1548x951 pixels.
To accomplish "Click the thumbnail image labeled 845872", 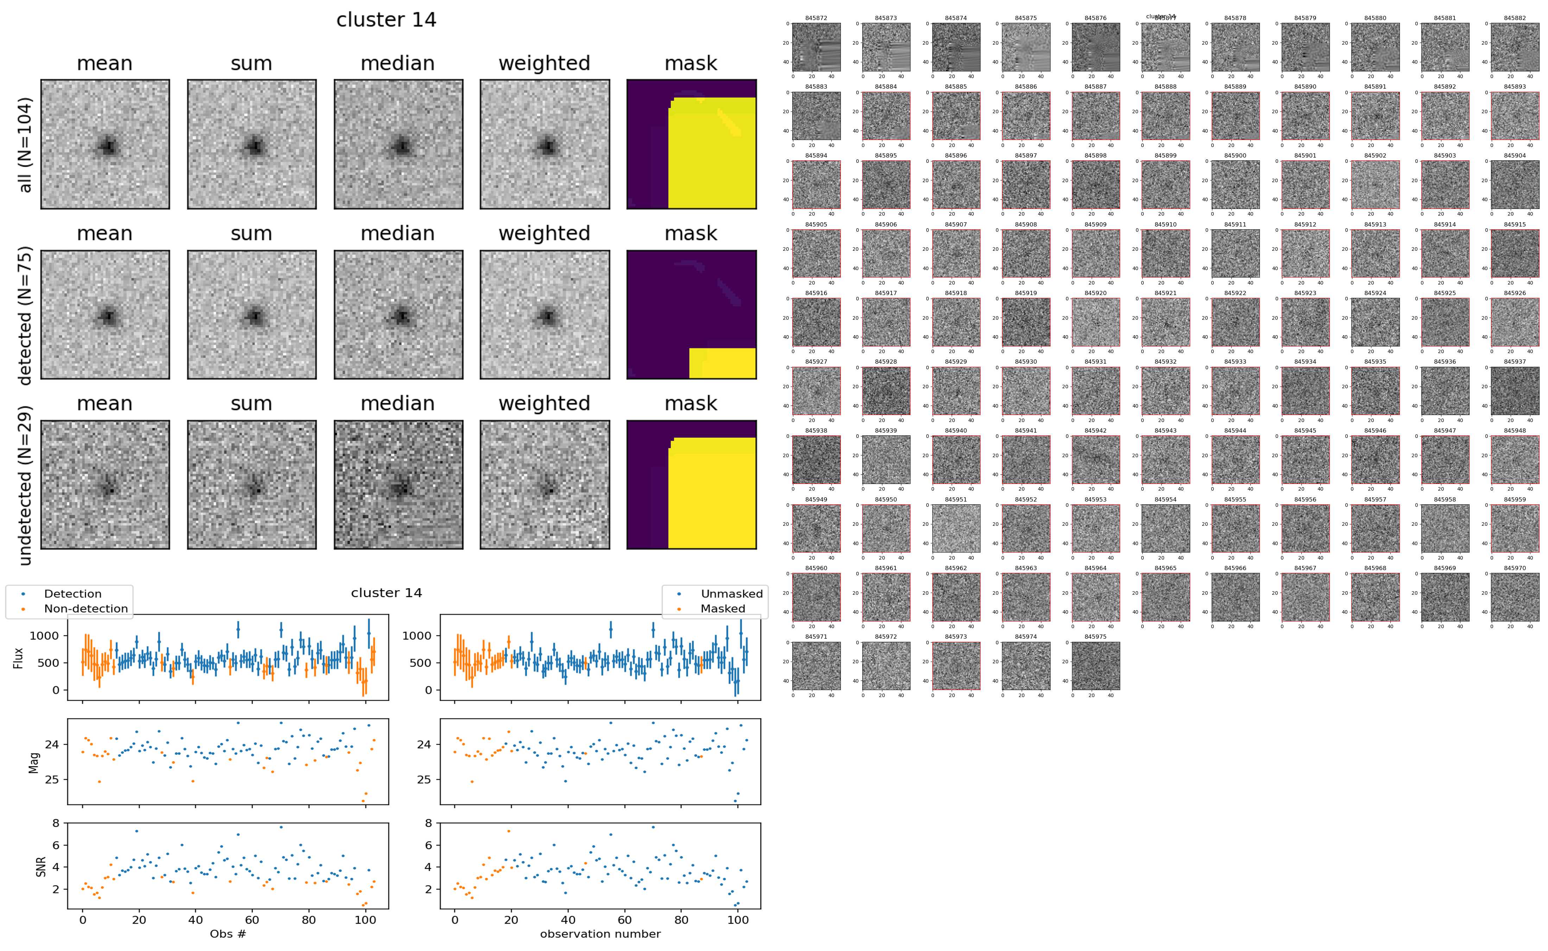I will tap(816, 47).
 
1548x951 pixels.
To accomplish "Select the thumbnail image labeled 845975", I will tap(1095, 665).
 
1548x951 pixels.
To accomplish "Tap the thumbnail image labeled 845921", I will tap(1165, 322).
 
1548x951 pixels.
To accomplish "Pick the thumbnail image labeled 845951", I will tap(956, 528).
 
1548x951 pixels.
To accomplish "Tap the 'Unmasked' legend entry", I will tap(731, 594).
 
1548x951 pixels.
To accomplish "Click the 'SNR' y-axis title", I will tap(41, 866).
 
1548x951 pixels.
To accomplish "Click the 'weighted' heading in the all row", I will tap(544, 64).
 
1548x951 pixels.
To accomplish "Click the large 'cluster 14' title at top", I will tap(386, 20).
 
